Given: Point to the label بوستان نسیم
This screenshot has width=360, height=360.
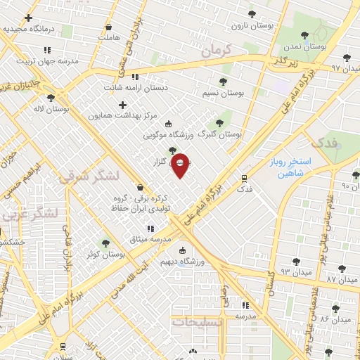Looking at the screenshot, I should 219,93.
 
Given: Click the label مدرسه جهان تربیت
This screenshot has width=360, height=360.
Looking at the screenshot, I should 46,60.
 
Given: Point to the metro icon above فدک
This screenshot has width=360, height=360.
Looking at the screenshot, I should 244,178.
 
